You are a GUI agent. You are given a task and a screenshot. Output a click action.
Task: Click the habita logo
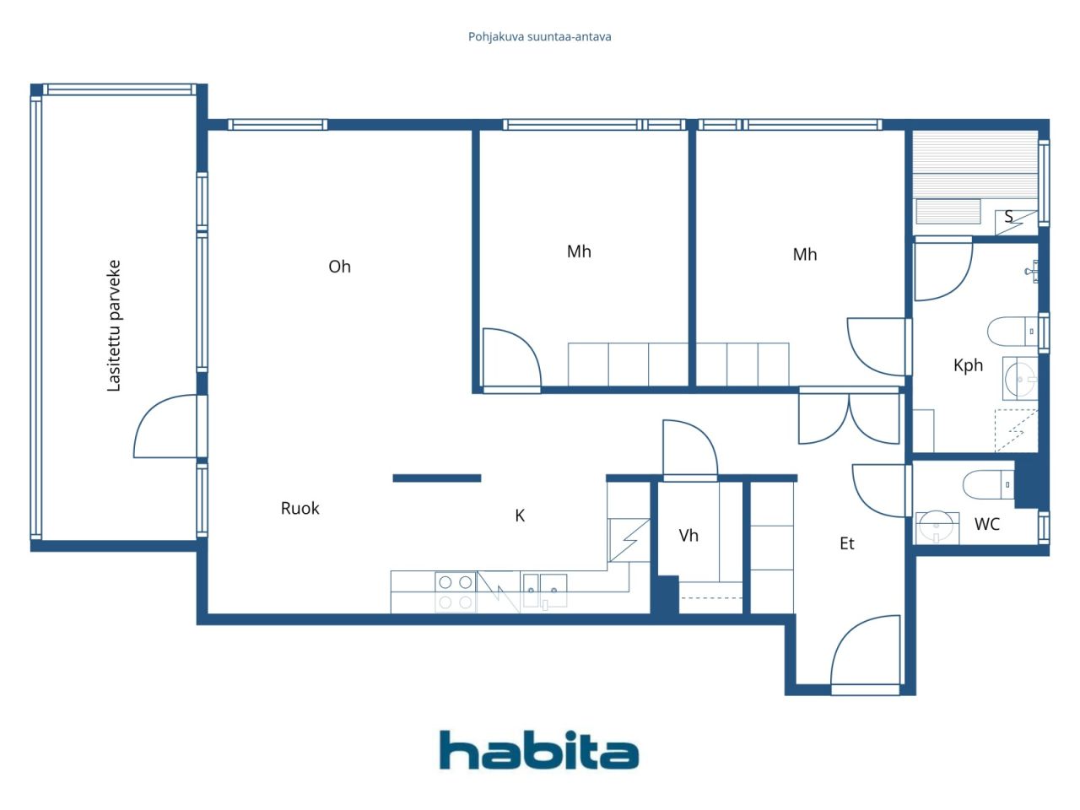(538, 750)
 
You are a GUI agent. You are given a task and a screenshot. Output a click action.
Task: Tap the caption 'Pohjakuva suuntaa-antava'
(539, 36)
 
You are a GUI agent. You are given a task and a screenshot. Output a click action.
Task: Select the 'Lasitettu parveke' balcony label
(114, 326)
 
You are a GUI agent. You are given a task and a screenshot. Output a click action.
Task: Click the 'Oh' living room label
(339, 267)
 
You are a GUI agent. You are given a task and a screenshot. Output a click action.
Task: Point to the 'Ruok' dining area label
(300, 508)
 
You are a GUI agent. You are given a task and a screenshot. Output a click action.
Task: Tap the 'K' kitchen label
(520, 516)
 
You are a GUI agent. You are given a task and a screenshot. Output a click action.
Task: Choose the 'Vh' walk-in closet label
(688, 535)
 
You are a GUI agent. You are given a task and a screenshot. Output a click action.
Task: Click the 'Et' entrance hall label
(846, 544)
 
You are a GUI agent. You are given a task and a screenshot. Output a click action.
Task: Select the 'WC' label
(986, 524)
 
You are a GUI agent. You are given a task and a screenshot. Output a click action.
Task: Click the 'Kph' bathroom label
(968, 365)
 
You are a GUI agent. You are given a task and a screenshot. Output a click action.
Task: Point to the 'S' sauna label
(1008, 217)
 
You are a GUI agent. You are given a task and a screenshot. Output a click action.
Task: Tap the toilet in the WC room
(988, 484)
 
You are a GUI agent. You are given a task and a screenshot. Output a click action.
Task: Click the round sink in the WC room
(937, 526)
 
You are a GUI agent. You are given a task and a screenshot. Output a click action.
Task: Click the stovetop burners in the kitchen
(455, 591)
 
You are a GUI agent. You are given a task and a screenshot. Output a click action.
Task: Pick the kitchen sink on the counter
(544, 590)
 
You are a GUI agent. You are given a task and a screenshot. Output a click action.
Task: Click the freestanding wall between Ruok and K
(436, 478)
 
